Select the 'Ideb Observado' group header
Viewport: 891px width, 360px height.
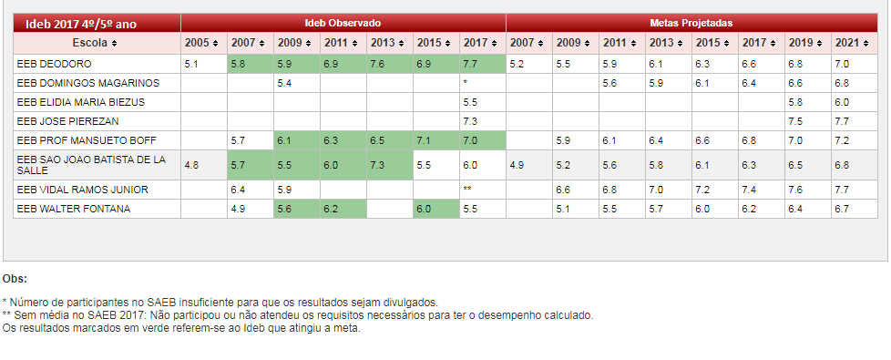[343, 22]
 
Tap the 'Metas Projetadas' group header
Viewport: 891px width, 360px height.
[691, 22]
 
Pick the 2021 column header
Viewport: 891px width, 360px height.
[851, 43]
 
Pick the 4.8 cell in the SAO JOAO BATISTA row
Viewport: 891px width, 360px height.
[191, 165]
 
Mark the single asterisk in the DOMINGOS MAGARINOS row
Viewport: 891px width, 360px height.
[466, 83]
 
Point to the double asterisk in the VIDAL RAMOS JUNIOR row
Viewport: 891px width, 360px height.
[467, 190]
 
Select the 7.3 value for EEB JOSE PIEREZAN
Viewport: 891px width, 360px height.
[470, 120]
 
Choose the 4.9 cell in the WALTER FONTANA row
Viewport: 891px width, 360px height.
[239, 209]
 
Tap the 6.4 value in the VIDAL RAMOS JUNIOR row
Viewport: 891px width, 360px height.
[239, 190]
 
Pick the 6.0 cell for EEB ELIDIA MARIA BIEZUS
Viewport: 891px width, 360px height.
[841, 102]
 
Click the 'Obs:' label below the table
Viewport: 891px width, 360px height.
[15, 279]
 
